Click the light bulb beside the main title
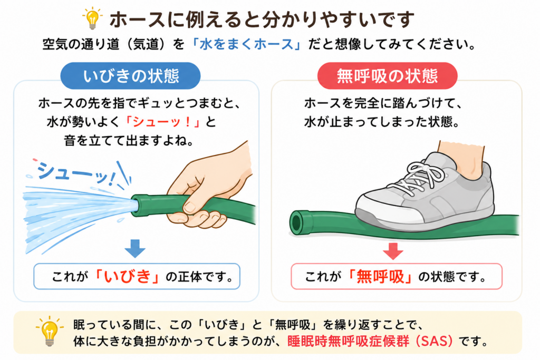coord(92,19)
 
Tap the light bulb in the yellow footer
coord(50,331)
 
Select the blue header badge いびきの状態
coord(131,76)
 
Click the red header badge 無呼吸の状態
coord(387,76)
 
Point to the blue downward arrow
coord(135,248)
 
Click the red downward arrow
coord(393,251)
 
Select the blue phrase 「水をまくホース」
coord(247,44)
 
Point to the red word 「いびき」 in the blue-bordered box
coord(127,276)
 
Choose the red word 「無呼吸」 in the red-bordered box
coord(380,276)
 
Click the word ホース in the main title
coord(137,20)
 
